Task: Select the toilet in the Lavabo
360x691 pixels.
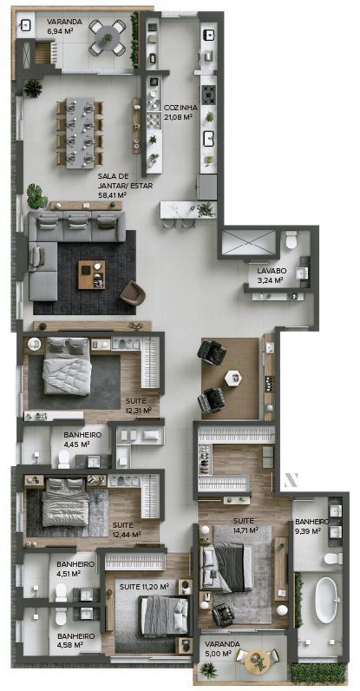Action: point(291,240)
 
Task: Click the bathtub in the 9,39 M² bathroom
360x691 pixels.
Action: point(326,600)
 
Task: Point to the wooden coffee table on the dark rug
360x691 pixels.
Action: point(92,274)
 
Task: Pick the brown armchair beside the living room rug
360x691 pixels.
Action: point(133,293)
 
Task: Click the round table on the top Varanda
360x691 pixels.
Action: point(107,37)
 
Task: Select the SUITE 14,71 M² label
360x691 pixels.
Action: point(245,525)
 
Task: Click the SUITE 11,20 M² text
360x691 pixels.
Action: point(144,587)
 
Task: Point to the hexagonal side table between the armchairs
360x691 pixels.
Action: point(232,378)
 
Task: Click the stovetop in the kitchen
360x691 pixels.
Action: point(208,95)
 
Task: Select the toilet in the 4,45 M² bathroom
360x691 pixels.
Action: point(64,458)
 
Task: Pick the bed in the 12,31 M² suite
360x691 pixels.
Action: point(68,365)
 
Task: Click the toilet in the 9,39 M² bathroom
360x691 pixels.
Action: point(334,559)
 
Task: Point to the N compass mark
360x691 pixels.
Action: point(291,479)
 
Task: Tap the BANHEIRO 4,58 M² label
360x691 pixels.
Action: point(75,640)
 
